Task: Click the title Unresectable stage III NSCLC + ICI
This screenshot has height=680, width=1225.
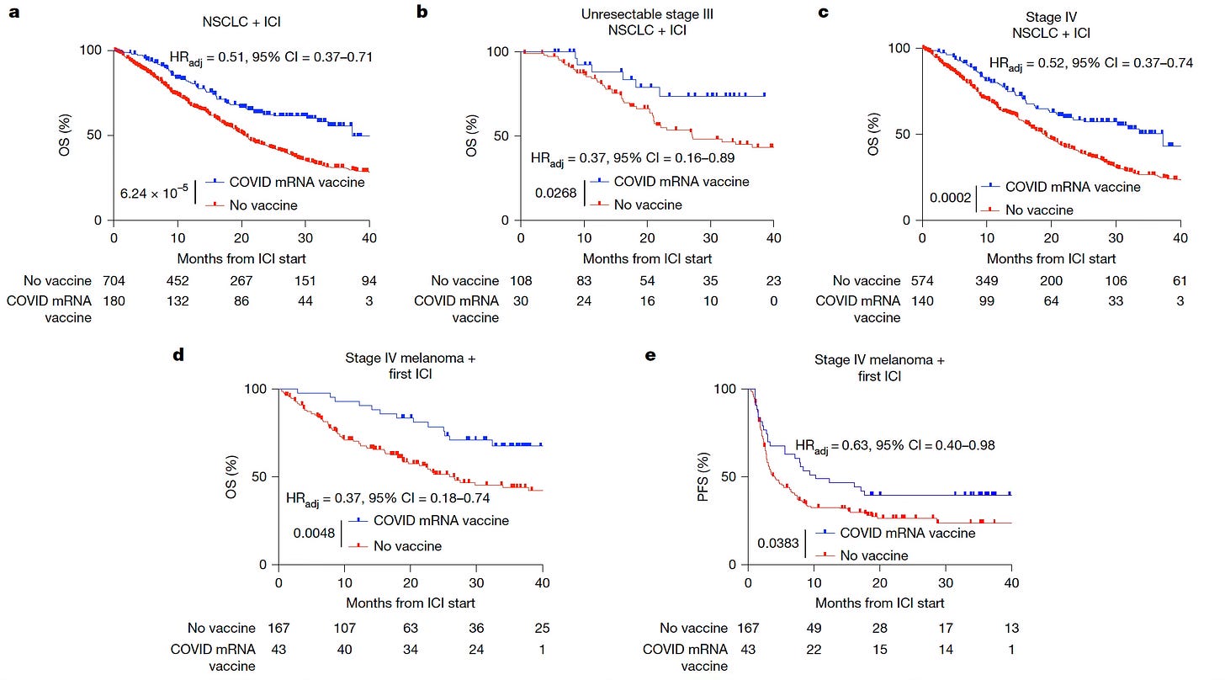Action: [x=647, y=23]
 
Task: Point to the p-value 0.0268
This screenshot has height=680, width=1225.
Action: [x=556, y=193]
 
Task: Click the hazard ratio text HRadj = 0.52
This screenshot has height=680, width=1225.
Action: [x=1090, y=62]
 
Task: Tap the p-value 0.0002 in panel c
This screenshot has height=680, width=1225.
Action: [x=951, y=199]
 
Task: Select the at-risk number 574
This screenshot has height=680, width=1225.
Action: [x=922, y=281]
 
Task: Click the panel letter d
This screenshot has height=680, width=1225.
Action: [x=178, y=355]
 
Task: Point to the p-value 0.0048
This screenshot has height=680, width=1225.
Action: [x=314, y=533]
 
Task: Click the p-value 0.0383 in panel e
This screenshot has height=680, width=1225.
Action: [x=780, y=544]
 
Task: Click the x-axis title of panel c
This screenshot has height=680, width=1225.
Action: [x=1051, y=258]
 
